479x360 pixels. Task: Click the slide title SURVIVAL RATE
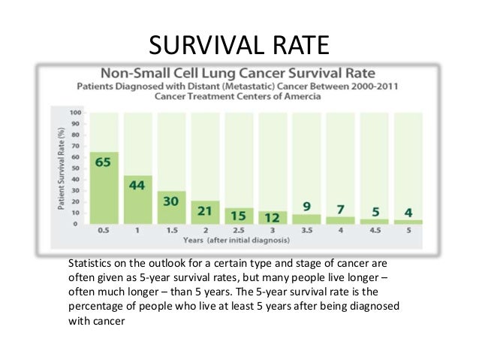(x=239, y=44)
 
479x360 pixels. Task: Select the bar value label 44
(x=137, y=185)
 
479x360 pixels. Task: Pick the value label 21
(x=205, y=211)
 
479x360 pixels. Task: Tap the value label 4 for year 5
(x=408, y=212)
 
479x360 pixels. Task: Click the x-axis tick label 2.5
(x=239, y=231)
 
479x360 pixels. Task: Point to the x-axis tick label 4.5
(x=375, y=231)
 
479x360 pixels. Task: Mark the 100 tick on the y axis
(x=76, y=113)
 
